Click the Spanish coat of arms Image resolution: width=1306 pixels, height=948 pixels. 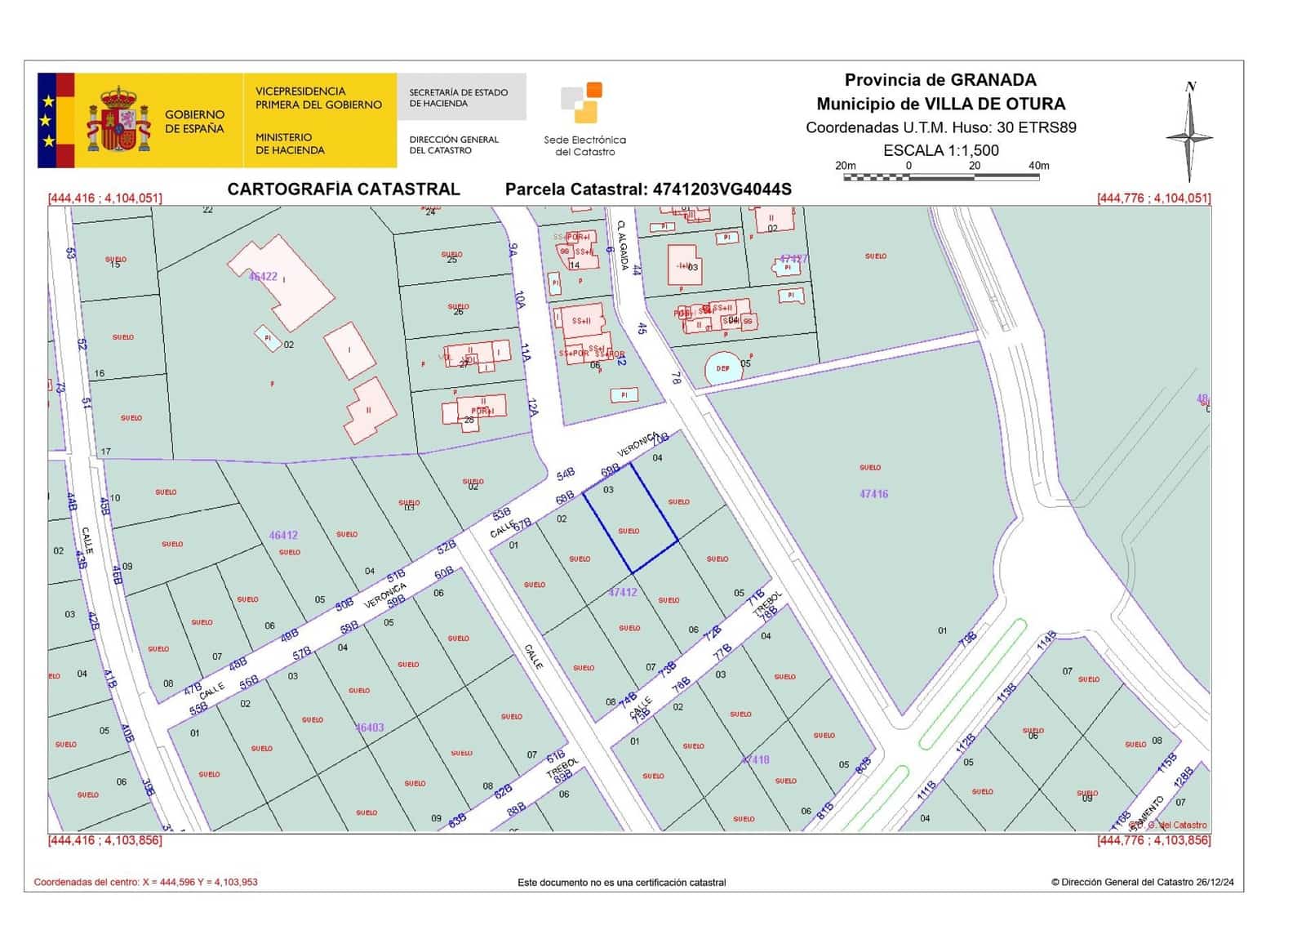click(119, 121)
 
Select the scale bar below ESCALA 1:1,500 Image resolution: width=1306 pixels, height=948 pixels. click(941, 176)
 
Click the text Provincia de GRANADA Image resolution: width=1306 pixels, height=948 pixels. click(940, 80)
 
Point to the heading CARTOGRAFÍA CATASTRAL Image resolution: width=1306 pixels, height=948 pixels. click(344, 189)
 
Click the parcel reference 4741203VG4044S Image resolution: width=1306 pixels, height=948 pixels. click(722, 189)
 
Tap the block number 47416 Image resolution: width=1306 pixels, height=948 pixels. click(873, 494)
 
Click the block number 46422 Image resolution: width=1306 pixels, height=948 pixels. click(263, 277)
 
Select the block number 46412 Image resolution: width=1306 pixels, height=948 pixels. click(283, 536)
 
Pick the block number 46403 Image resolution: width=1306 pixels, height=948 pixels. click(370, 728)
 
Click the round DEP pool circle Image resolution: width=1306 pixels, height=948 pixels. click(723, 368)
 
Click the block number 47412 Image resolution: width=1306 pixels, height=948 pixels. click(623, 592)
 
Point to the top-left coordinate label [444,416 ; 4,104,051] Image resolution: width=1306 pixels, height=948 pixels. click(105, 198)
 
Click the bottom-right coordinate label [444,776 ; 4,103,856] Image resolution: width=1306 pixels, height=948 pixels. click(1153, 840)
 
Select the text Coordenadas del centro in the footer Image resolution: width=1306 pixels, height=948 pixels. click(87, 882)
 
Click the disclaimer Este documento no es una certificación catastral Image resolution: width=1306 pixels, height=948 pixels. click(621, 882)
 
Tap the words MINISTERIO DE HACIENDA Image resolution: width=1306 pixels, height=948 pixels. click(289, 144)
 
